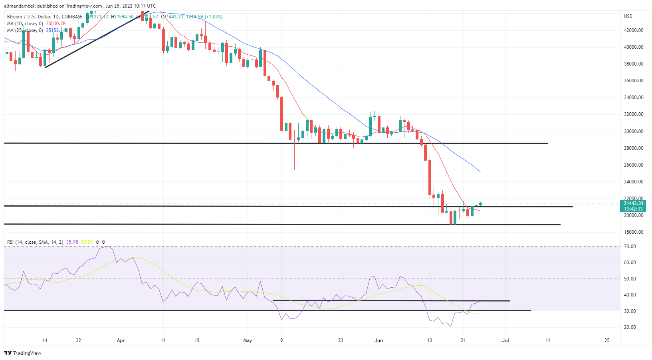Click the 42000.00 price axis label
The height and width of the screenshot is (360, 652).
pos(634,30)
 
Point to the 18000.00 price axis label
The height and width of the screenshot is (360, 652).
pos(634,232)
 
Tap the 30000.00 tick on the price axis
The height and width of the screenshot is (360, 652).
pos(634,131)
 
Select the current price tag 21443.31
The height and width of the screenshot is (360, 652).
pos(634,203)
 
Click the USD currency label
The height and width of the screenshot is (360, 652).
pos(628,16)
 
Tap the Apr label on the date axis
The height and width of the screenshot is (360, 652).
pos(121,340)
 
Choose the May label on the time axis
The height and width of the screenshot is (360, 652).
pos(248,340)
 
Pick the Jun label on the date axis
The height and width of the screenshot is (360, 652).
pos(379,340)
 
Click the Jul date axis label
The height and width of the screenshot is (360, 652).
pos(505,340)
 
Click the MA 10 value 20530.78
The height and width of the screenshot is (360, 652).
pos(55,24)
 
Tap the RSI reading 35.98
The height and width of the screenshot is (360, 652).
pos(72,242)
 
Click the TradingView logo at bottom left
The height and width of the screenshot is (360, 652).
pos(23,353)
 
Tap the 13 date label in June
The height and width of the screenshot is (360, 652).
pos(429,340)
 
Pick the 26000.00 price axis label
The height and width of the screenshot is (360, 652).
pos(634,165)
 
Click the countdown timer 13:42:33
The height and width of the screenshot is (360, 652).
pos(634,209)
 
